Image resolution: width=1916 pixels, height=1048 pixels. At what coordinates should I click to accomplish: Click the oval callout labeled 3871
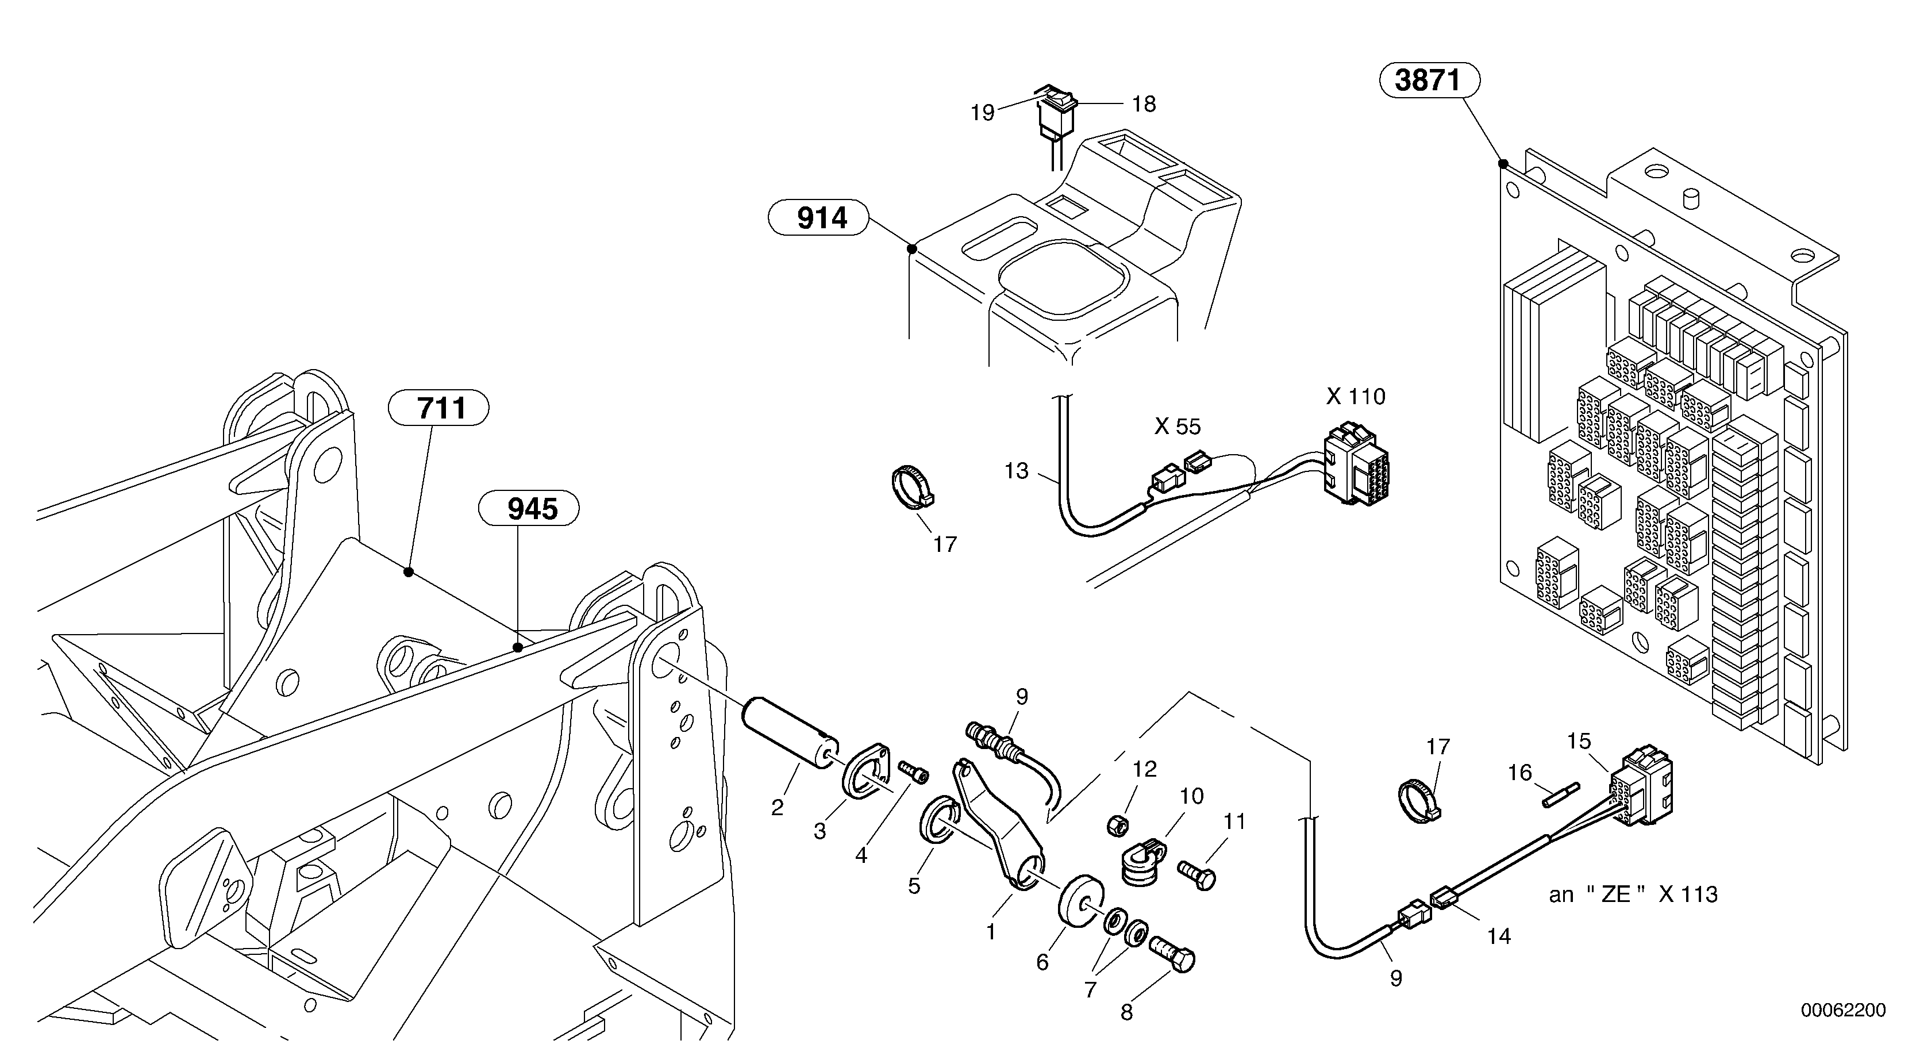coord(1429,80)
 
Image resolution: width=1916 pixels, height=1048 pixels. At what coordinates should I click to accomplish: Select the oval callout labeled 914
coord(818,218)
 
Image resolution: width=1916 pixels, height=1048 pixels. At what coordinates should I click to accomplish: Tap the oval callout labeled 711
coord(439,408)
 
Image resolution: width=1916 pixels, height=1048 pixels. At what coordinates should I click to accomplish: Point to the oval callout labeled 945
coord(529,509)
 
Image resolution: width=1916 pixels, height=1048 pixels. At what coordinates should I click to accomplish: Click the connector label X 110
coord(1355,397)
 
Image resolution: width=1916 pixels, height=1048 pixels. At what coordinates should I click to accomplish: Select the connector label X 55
coord(1177,427)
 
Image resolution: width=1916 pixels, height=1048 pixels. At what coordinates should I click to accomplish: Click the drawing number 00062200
coord(1842,1010)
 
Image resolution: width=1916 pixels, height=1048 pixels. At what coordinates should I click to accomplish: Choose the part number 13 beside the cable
coord(1016,471)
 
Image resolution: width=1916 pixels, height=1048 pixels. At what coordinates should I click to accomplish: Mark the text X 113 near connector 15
coord(1688,894)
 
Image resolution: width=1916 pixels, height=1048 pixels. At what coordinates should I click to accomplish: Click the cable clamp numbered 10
coord(1141,863)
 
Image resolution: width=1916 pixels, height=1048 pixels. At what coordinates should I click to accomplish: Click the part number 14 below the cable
coord(1498,936)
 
